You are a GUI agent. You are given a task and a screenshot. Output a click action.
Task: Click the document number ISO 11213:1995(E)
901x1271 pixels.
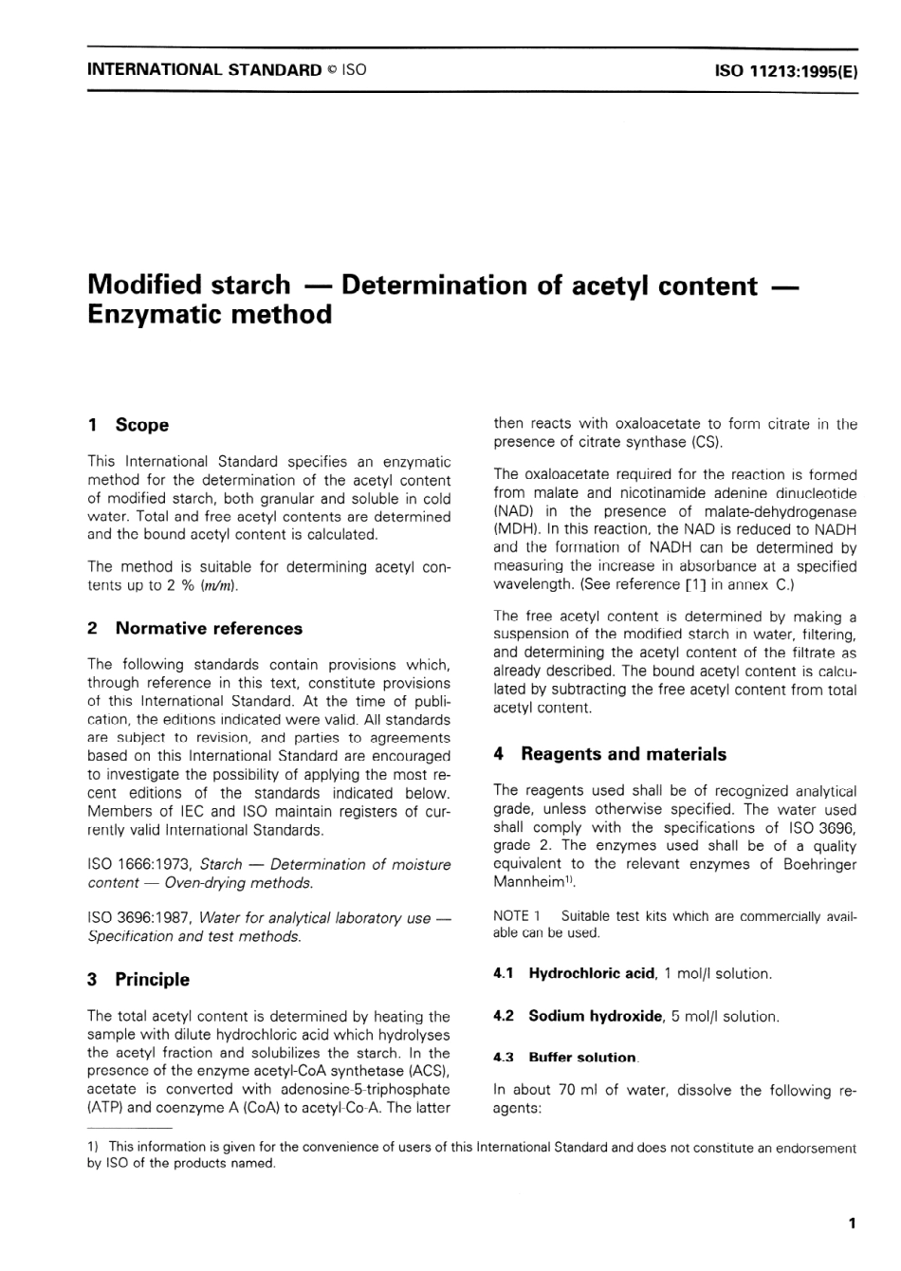coord(786,70)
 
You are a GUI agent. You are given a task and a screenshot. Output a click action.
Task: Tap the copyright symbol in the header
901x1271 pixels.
coord(331,70)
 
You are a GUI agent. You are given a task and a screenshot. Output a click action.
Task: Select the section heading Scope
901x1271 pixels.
coord(141,425)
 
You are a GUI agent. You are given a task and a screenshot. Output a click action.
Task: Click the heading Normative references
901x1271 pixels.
coord(209,628)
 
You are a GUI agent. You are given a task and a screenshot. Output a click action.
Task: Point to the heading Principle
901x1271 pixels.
coord(152,979)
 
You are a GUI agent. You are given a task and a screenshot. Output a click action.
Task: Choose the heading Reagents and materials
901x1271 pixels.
coord(623,754)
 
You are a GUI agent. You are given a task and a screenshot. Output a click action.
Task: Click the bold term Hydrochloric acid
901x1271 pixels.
coord(591,973)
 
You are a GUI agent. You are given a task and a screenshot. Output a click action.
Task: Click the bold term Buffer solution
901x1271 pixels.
coord(582,1058)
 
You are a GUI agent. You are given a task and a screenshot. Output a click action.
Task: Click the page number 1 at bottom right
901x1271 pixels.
coord(852,1224)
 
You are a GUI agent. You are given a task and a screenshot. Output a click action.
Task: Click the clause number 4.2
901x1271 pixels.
coord(504,1016)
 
